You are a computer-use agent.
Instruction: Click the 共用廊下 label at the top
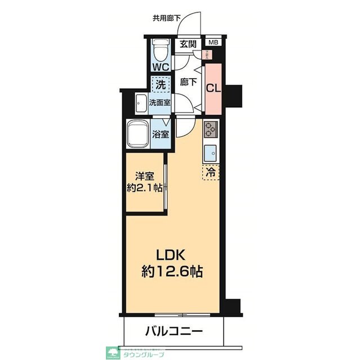point(166,18)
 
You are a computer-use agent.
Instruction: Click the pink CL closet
point(212,88)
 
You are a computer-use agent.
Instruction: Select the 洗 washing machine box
point(160,86)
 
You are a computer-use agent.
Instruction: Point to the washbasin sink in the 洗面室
point(140,103)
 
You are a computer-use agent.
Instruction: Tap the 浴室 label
point(161,134)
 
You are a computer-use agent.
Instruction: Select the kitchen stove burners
point(211,130)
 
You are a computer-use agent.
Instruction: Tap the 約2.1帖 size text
point(144,188)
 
